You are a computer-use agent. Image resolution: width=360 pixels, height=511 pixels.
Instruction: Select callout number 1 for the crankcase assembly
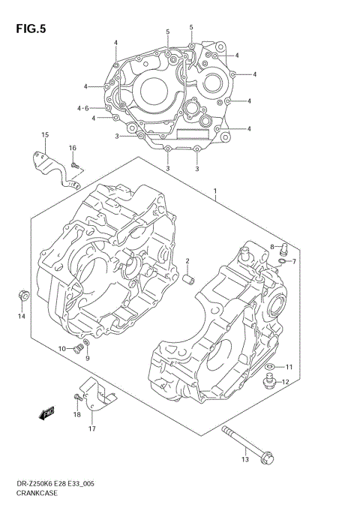click(x=215, y=191)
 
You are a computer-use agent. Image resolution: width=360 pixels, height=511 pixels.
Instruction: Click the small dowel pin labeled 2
click(x=190, y=280)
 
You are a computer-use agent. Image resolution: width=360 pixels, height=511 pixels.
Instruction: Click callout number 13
click(x=244, y=458)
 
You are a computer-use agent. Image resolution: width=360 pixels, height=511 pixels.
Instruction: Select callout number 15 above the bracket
click(x=45, y=135)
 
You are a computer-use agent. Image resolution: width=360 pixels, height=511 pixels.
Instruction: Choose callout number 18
click(x=76, y=414)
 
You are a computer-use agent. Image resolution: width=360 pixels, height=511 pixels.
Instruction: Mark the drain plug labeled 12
click(x=267, y=384)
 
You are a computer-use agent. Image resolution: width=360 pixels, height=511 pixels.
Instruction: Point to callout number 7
click(x=294, y=261)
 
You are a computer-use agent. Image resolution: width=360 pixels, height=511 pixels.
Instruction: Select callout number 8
click(x=272, y=246)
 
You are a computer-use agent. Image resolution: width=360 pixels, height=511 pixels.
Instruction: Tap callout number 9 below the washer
click(x=87, y=358)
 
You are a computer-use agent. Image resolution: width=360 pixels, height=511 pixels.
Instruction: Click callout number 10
click(x=62, y=349)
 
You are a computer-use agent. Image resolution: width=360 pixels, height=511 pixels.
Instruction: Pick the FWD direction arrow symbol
click(x=49, y=411)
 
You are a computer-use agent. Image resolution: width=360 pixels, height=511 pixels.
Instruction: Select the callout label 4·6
click(x=82, y=108)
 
